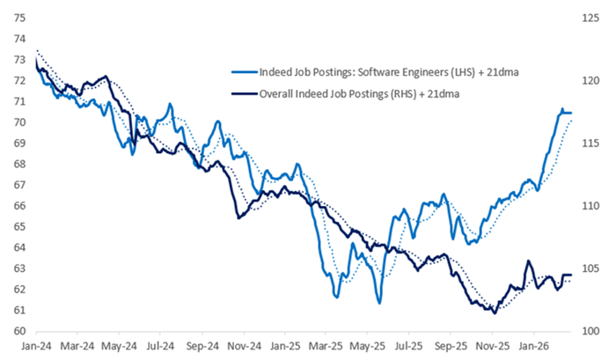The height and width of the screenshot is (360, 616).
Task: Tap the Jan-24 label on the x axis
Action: tap(35, 347)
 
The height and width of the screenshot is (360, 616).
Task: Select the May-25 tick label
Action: tap(370, 347)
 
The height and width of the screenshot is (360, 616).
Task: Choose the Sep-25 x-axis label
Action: tap(451, 347)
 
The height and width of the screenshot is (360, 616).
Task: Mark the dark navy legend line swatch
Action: tap(241, 91)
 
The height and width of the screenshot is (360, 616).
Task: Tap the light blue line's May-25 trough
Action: tap(378, 303)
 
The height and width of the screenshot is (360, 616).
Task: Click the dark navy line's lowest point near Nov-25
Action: tap(495, 312)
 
